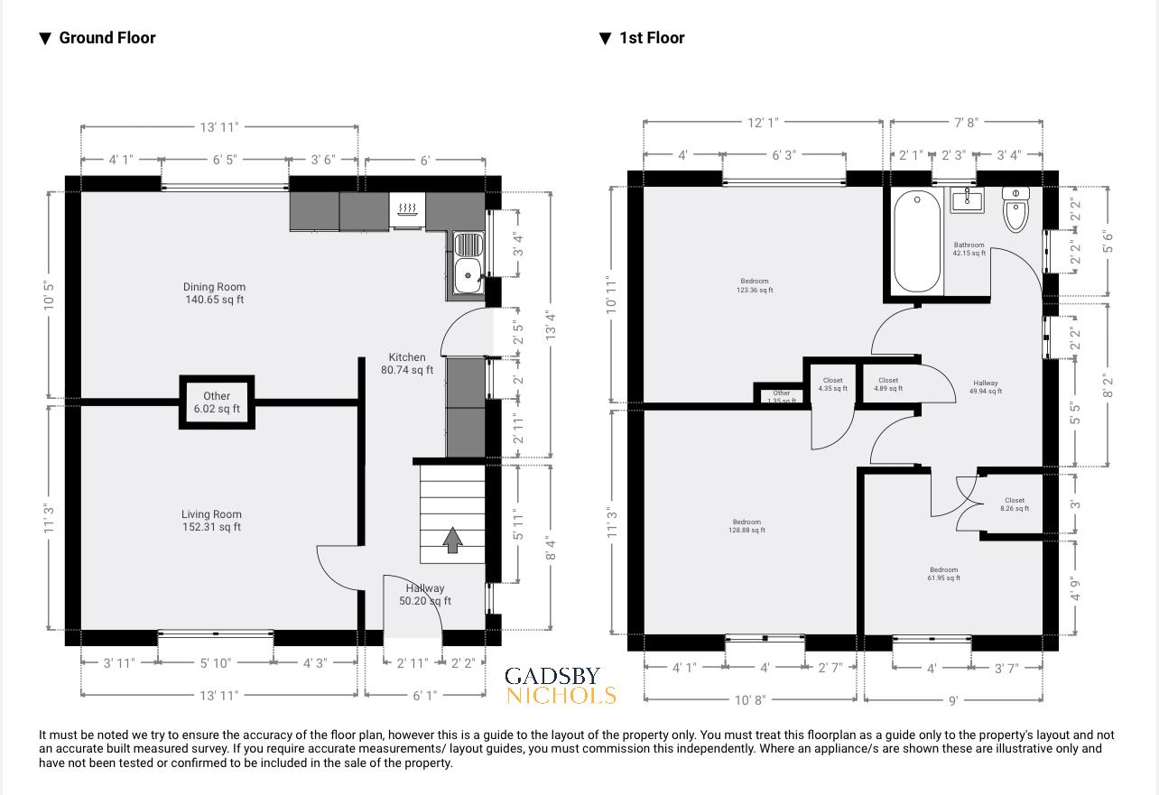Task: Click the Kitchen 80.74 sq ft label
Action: [x=407, y=364]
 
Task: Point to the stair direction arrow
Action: [x=452, y=541]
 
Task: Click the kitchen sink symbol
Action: [x=468, y=263]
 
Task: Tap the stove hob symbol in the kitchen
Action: [x=408, y=210]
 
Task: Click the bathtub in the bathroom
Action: [x=917, y=241]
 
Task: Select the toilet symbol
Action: [x=1016, y=209]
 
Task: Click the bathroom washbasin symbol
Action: [x=967, y=199]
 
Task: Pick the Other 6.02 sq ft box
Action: [x=217, y=402]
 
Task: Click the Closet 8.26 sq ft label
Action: [x=1015, y=504]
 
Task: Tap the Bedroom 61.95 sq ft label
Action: [x=943, y=574]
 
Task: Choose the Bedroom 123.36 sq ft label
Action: [x=755, y=285]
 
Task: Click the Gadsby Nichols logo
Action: [x=560, y=686]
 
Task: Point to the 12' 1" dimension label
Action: [x=763, y=122]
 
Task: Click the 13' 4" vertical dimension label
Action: [x=551, y=326]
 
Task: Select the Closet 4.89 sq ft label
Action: [x=888, y=384]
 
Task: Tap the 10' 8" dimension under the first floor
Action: [x=750, y=699]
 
